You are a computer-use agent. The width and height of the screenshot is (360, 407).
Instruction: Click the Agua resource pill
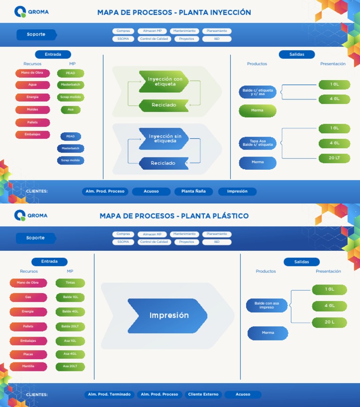click(x=33, y=85)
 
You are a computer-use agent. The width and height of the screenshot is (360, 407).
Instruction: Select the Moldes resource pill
click(x=33, y=110)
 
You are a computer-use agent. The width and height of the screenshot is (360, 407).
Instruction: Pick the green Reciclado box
click(x=164, y=105)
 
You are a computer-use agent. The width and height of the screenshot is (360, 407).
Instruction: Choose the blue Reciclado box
click(x=163, y=163)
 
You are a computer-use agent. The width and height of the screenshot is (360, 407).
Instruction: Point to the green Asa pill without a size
click(x=70, y=110)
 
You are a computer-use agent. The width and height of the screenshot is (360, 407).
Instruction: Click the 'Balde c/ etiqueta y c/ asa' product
click(x=257, y=92)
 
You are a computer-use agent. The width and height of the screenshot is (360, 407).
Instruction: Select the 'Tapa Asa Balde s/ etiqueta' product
click(x=257, y=143)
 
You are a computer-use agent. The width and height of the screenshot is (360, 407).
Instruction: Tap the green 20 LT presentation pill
click(x=334, y=158)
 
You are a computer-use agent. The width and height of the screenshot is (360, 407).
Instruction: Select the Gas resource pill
click(x=28, y=297)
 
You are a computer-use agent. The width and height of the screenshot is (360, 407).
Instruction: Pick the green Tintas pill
click(x=70, y=283)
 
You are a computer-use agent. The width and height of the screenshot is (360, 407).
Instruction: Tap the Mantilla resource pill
click(x=28, y=366)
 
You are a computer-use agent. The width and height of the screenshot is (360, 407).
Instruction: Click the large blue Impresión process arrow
click(x=168, y=316)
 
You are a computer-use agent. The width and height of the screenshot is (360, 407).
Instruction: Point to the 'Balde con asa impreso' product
click(x=266, y=305)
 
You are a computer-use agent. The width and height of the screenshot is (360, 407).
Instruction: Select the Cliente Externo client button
click(x=203, y=395)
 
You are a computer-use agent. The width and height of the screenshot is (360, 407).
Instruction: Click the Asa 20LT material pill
click(x=70, y=366)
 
